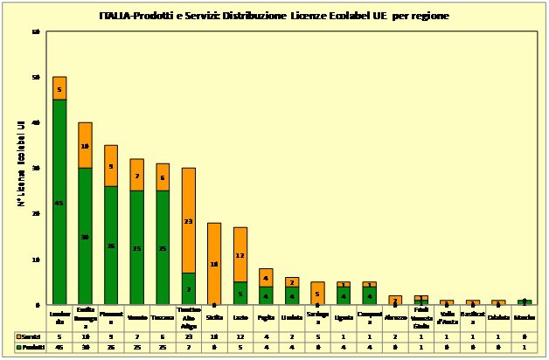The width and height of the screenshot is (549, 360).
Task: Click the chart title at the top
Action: pyautogui.click(x=275, y=17)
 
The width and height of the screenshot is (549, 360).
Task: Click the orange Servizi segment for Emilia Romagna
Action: pyautogui.click(x=86, y=145)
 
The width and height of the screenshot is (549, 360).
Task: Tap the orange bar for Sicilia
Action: pyautogui.click(x=213, y=264)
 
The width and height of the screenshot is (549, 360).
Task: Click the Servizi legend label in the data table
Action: pyautogui.click(x=31, y=336)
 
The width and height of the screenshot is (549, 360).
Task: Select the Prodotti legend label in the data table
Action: pyautogui.click(x=31, y=347)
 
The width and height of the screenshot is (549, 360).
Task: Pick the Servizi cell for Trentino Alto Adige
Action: pyautogui.click(x=188, y=336)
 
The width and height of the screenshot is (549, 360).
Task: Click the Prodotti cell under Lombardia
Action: pyautogui.click(x=59, y=347)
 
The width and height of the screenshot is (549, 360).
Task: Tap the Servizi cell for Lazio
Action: pyautogui.click(x=240, y=336)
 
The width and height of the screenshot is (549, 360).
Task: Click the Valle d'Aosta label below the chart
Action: pyautogui.click(x=446, y=317)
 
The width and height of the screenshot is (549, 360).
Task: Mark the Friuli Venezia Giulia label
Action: pyautogui.click(x=420, y=317)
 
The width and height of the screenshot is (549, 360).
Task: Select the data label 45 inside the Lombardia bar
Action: pyautogui.click(x=59, y=203)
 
